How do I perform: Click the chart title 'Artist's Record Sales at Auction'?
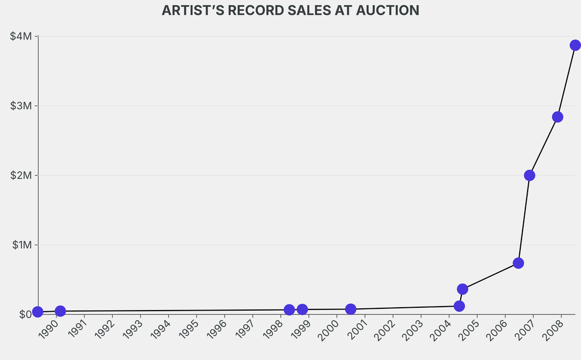(290, 10)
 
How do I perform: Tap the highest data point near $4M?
(575, 45)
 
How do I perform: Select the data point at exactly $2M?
(529, 175)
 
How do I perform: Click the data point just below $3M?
(557, 117)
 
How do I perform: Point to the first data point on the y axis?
(37, 312)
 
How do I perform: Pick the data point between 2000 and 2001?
(351, 309)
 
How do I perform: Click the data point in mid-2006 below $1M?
(518, 263)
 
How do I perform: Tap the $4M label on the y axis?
(22, 36)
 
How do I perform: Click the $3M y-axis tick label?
(22, 106)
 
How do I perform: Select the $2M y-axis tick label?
(22, 175)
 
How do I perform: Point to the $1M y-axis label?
(22, 245)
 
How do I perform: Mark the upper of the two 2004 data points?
(462, 289)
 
